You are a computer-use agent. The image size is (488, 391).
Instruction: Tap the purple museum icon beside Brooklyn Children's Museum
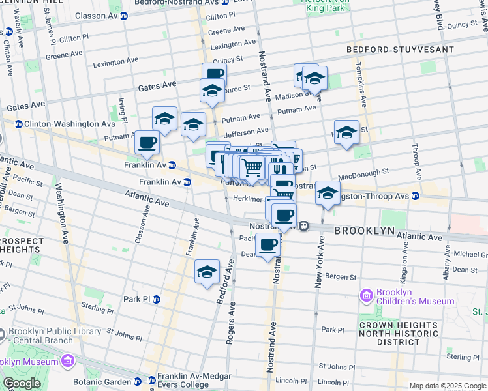click(367, 297)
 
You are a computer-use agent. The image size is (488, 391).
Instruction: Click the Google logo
click(22, 383)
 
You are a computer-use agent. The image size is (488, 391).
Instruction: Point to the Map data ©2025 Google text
click(448, 386)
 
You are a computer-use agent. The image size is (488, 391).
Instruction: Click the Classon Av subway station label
click(91, 15)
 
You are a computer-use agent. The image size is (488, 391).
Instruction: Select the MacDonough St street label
click(366, 173)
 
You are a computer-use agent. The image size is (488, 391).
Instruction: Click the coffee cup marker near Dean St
click(268, 246)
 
